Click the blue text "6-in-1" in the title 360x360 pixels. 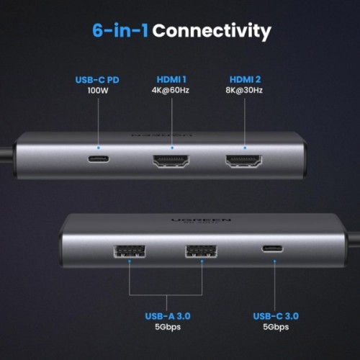[120, 31]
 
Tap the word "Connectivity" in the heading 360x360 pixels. [212, 31]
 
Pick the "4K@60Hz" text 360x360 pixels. [172, 92]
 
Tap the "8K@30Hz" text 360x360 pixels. [246, 92]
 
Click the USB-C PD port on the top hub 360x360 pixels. [99, 158]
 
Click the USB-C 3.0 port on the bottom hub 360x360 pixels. [273, 250]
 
